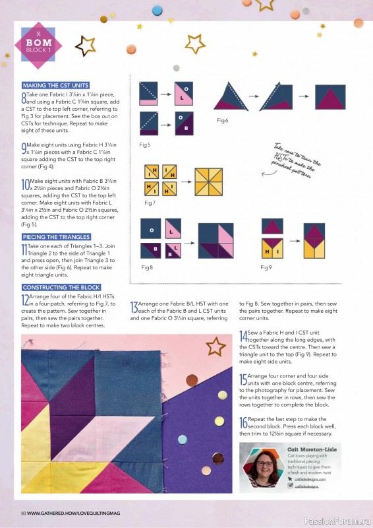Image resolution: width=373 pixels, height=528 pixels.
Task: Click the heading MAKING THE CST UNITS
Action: (x=55, y=86)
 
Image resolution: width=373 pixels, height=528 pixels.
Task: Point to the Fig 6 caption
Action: (x=223, y=121)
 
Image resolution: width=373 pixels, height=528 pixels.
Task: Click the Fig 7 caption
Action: (x=149, y=202)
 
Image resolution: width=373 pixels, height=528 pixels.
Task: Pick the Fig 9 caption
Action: (x=266, y=267)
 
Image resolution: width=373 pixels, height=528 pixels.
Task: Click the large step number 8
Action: (x=24, y=98)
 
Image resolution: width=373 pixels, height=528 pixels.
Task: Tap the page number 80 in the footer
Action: (x=23, y=513)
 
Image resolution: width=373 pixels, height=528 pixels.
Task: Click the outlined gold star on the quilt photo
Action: (x=215, y=346)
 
